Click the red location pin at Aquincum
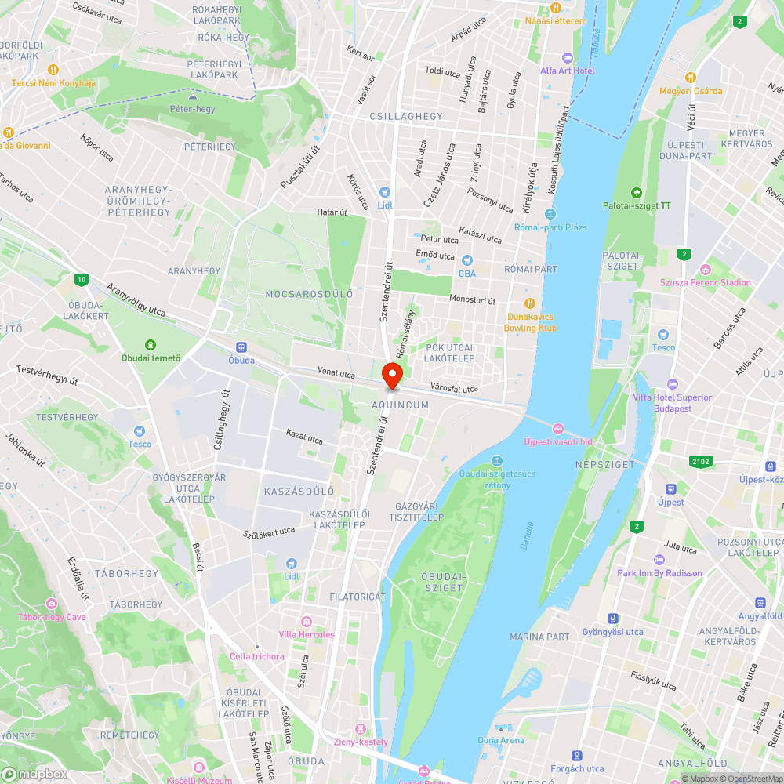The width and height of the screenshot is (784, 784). pyautogui.click(x=391, y=374)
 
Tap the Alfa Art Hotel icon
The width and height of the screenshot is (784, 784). pyautogui.click(x=568, y=58)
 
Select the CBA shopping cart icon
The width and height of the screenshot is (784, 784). pyautogui.click(x=467, y=260)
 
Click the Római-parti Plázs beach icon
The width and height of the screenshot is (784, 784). pyautogui.click(x=550, y=214)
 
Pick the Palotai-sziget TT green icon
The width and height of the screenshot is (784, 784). pyautogui.click(x=637, y=193)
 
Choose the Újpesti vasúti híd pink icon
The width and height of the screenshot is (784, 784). pyautogui.click(x=557, y=428)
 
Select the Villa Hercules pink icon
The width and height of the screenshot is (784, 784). pyautogui.click(x=306, y=622)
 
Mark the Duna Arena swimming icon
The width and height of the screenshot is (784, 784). pyautogui.click(x=500, y=727)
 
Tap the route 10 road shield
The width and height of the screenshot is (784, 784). pyautogui.click(x=82, y=279)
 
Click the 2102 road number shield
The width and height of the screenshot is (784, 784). pyautogui.click(x=701, y=462)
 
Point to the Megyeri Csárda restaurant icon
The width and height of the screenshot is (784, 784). pyautogui.click(x=690, y=78)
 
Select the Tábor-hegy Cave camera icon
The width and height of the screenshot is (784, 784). pyautogui.click(x=53, y=604)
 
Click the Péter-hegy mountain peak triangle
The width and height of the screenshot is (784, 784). pyautogui.click(x=192, y=96)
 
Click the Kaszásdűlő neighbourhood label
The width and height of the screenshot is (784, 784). pyautogui.click(x=298, y=491)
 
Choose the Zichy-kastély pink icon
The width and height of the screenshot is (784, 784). pyautogui.click(x=361, y=729)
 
